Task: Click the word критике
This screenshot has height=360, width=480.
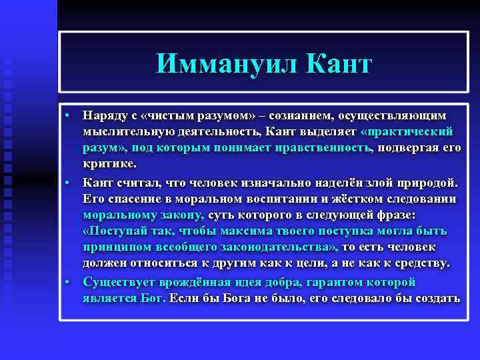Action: (109, 165)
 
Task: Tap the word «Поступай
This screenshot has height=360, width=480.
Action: (118, 231)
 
